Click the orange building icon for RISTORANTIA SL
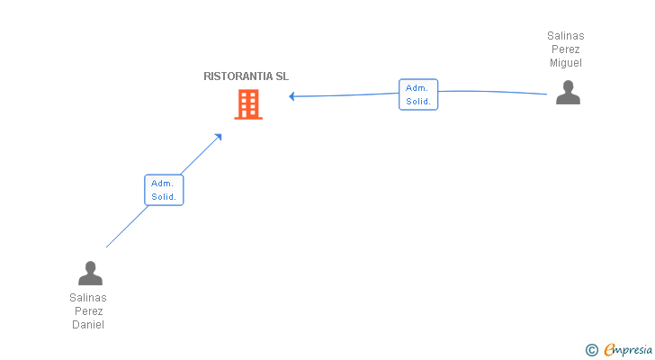point(248,104)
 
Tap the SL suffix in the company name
point(282,76)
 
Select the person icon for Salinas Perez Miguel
point(568,93)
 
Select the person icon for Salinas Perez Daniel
point(90,273)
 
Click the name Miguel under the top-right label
point(566,63)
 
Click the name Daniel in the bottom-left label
point(88,325)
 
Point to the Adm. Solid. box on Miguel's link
point(418,94)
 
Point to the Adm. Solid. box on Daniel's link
point(164,190)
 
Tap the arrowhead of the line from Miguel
point(292,96)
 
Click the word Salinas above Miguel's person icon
point(566,36)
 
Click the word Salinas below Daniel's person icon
point(88,298)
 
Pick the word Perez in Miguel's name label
point(566,49)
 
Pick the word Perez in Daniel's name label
point(88,311)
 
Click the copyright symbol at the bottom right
point(591,350)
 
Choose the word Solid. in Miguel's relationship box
point(418,102)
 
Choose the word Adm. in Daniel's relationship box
point(162,184)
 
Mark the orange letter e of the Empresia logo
point(609,350)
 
